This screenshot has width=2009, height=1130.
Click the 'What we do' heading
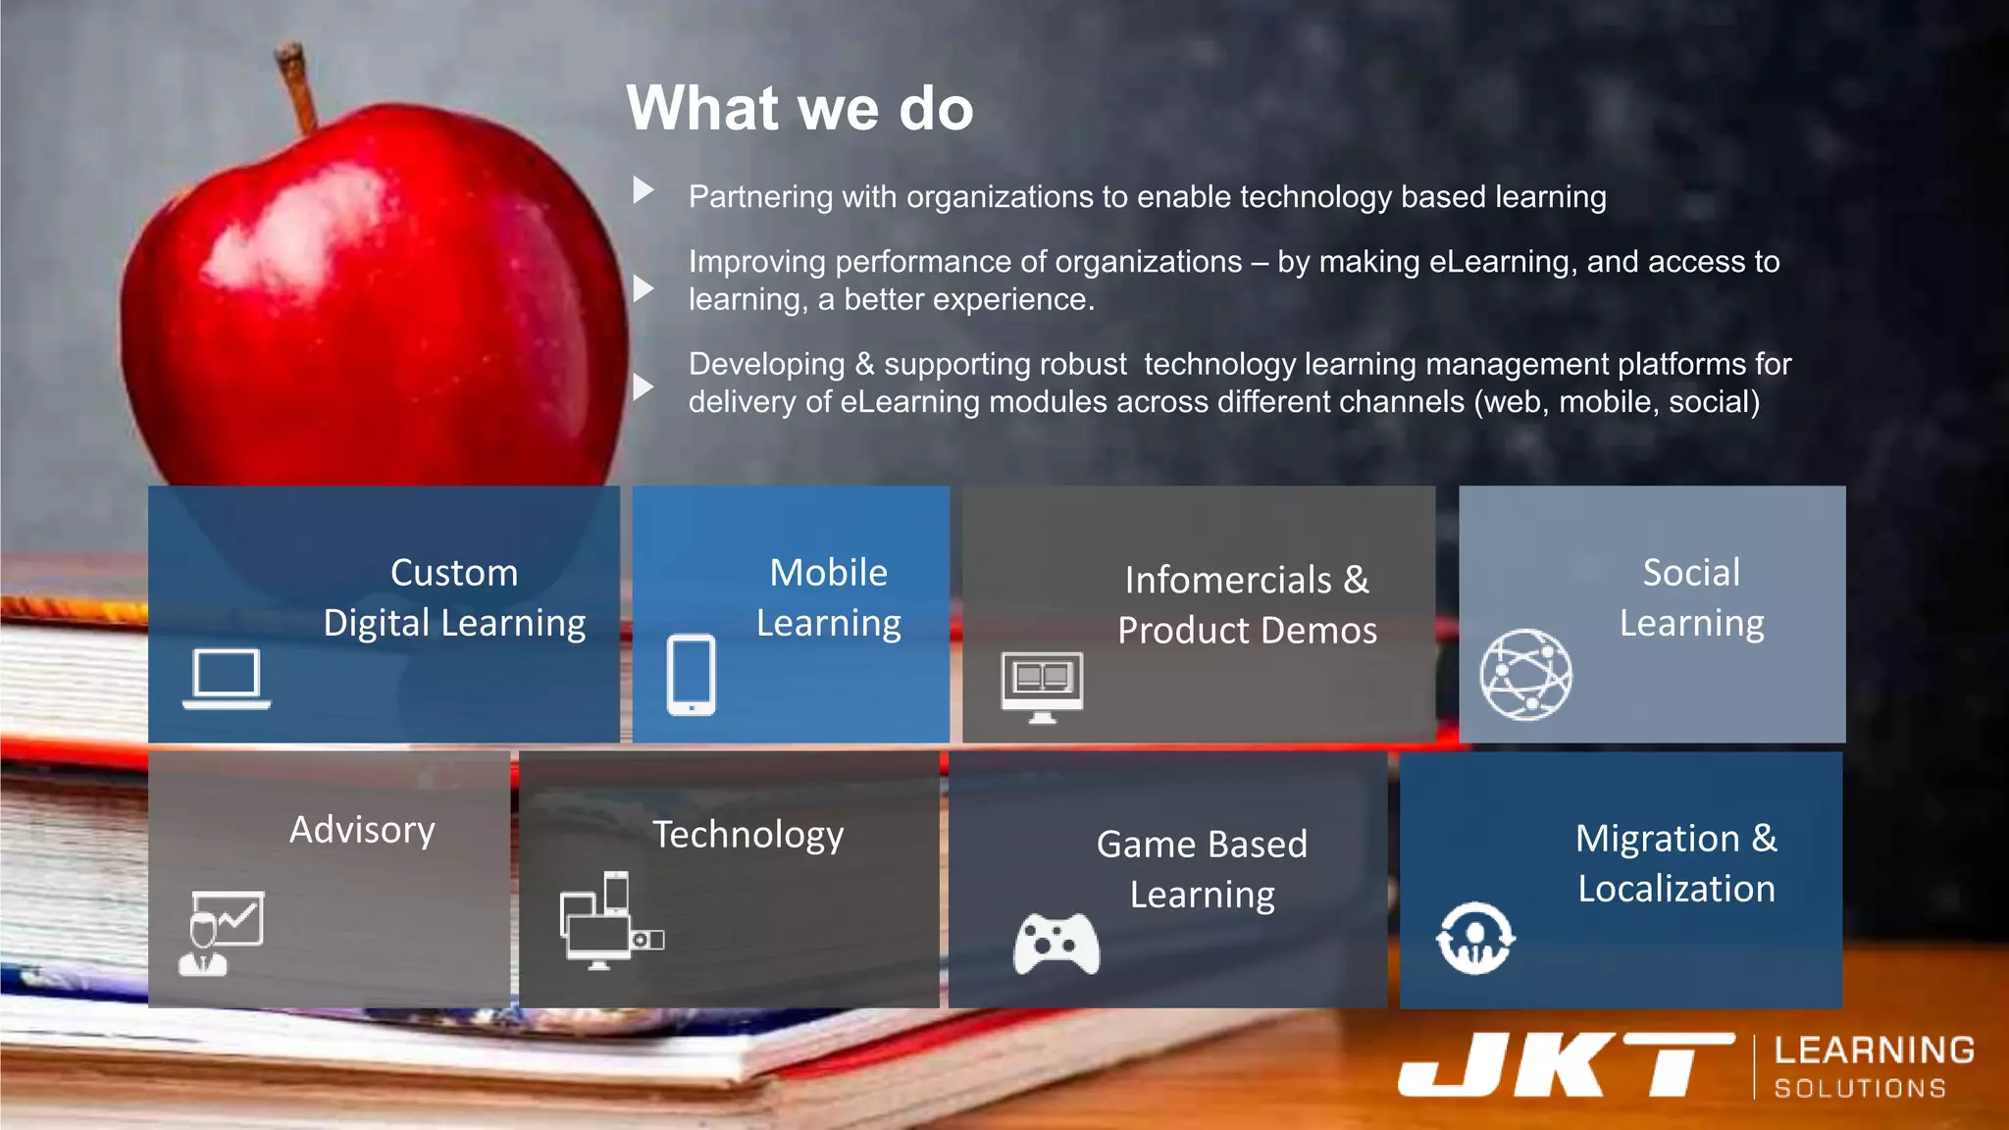[799, 108]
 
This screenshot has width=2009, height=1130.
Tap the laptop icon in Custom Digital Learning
[227, 678]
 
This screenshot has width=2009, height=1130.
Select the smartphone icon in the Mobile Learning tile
[692, 675]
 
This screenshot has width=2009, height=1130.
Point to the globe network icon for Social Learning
[1525, 675]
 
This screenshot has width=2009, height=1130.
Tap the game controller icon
[1056, 944]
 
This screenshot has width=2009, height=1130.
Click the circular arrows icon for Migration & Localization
[1474, 939]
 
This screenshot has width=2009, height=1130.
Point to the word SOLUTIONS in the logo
[1860, 1089]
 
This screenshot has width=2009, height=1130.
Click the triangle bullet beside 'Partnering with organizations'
[644, 189]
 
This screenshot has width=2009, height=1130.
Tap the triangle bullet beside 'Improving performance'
[644, 288]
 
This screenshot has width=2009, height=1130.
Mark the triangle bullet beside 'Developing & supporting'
[644, 386]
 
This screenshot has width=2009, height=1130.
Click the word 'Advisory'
[362, 831]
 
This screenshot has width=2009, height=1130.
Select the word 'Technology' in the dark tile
[747, 835]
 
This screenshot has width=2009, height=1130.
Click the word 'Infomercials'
[1228, 580]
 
